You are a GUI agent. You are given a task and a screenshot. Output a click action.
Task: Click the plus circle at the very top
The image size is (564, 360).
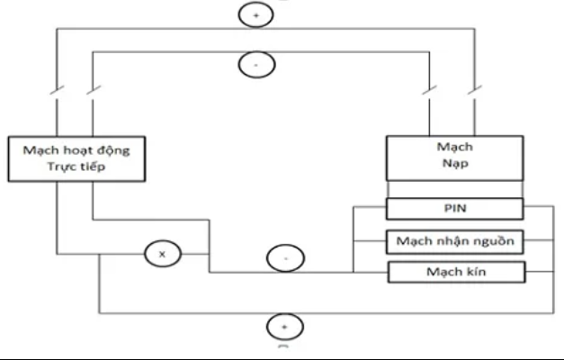click(x=255, y=15)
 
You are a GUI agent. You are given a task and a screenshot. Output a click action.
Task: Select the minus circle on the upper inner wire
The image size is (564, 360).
click(x=255, y=64)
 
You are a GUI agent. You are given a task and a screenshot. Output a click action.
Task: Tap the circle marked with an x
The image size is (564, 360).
click(x=162, y=255)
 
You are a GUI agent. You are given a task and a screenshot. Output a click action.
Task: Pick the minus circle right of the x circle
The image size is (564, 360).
click(x=284, y=258)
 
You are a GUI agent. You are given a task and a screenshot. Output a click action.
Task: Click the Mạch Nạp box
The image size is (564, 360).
click(x=454, y=158)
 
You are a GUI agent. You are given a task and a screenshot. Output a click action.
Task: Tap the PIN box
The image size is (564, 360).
click(x=454, y=210)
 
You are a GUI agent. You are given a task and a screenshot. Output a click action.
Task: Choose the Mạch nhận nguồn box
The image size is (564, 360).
click(x=454, y=241)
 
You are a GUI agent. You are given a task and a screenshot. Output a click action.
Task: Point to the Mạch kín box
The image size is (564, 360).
click(x=454, y=271)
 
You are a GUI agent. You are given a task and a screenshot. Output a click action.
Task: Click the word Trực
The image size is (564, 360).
click(x=60, y=168)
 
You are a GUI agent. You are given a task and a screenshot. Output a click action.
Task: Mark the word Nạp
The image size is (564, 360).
click(x=455, y=166)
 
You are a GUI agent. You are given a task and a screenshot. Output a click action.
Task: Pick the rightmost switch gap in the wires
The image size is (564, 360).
click(x=476, y=91)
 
